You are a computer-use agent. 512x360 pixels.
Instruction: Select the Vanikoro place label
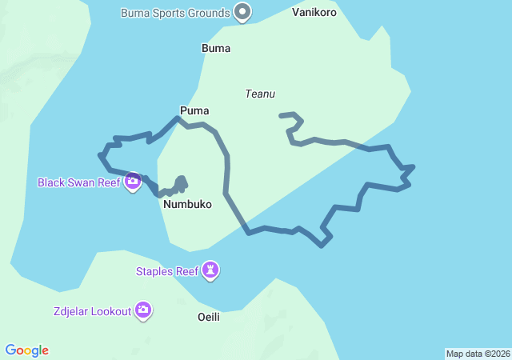click(x=314, y=13)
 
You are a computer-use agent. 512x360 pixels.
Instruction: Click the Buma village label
click(x=216, y=48)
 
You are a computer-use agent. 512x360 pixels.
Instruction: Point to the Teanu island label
click(x=260, y=94)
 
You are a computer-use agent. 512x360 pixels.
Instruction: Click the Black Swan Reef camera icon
click(x=133, y=182)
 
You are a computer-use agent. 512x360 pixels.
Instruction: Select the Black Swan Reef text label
click(x=78, y=182)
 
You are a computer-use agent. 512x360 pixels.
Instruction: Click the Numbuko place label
click(x=187, y=204)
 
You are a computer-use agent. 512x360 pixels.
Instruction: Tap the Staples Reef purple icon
click(x=210, y=270)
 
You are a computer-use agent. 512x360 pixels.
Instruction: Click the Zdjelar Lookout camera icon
click(x=143, y=310)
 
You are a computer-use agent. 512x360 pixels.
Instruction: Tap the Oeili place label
click(x=208, y=317)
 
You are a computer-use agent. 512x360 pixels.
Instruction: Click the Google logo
click(x=27, y=350)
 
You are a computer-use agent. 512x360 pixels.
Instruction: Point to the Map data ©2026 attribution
click(x=478, y=354)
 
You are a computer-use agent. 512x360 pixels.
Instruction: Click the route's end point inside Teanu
click(x=281, y=115)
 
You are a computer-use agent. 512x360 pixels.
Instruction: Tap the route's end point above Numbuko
click(x=182, y=178)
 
